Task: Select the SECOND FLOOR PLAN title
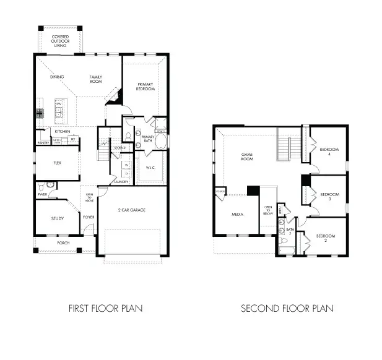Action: [x=287, y=307]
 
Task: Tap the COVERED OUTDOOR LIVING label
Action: [x=60, y=41]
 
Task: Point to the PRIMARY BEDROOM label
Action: [x=145, y=86]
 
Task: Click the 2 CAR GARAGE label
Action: [x=132, y=210]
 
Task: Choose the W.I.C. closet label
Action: [x=150, y=168]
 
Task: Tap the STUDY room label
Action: [x=58, y=218]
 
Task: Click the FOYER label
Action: [x=89, y=217]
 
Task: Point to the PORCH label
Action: [x=63, y=243]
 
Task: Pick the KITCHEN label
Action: [x=61, y=132]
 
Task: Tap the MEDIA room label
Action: [x=237, y=215]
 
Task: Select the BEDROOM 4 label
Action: [x=329, y=151]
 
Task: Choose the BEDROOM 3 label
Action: [x=329, y=196]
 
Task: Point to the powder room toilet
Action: [x=41, y=185]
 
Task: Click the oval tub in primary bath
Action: [x=161, y=143]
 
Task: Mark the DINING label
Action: [x=57, y=77]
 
